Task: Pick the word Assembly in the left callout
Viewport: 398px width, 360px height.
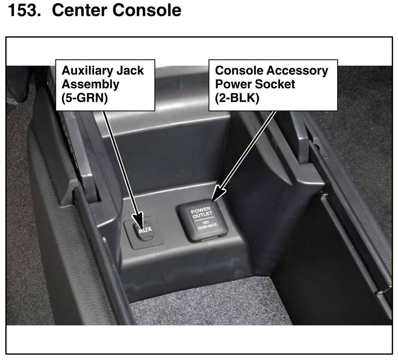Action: [90, 84]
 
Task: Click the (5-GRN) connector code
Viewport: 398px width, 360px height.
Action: [84, 98]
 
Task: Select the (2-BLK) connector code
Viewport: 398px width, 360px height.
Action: [237, 98]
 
